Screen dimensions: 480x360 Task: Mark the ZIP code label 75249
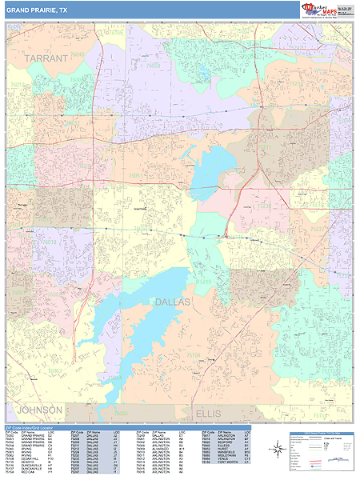200,282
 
